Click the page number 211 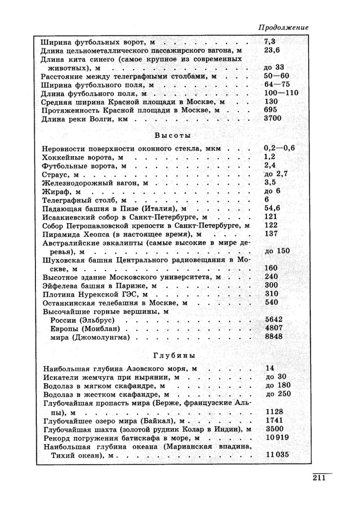pos(319,479)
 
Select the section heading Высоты pos(173,136)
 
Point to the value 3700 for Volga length pos(273,118)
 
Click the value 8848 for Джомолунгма pos(274,337)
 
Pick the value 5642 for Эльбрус pos(274,319)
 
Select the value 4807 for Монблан pos(274,328)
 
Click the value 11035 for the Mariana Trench pos(278,455)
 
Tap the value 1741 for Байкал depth pos(274,420)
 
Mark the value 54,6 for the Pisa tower pos(272,208)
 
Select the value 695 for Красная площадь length pos(270,109)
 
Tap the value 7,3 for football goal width pos(270,41)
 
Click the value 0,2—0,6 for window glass pos(280,148)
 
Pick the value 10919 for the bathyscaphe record pos(278,437)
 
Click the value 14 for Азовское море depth pos(270,368)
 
